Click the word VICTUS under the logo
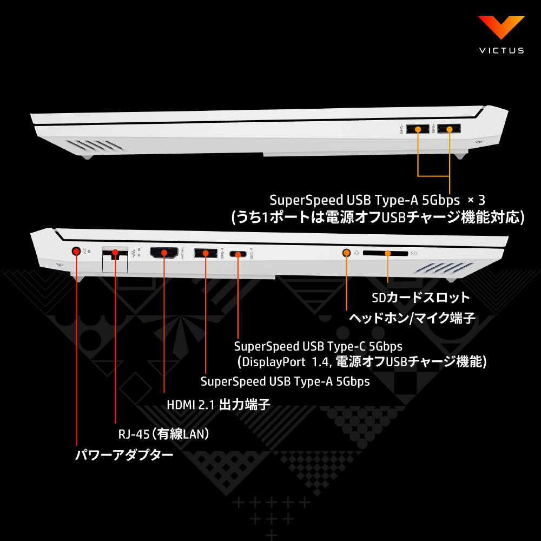point(501,50)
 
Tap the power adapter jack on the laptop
point(76,251)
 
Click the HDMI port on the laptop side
point(164,252)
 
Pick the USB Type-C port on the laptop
point(238,253)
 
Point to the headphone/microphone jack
point(347,252)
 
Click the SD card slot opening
point(386,253)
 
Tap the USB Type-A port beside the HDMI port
point(204,252)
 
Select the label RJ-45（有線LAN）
point(164,434)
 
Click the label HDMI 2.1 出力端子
point(218,405)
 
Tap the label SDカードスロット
point(421,298)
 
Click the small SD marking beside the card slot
point(414,253)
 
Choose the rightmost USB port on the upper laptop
point(450,129)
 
